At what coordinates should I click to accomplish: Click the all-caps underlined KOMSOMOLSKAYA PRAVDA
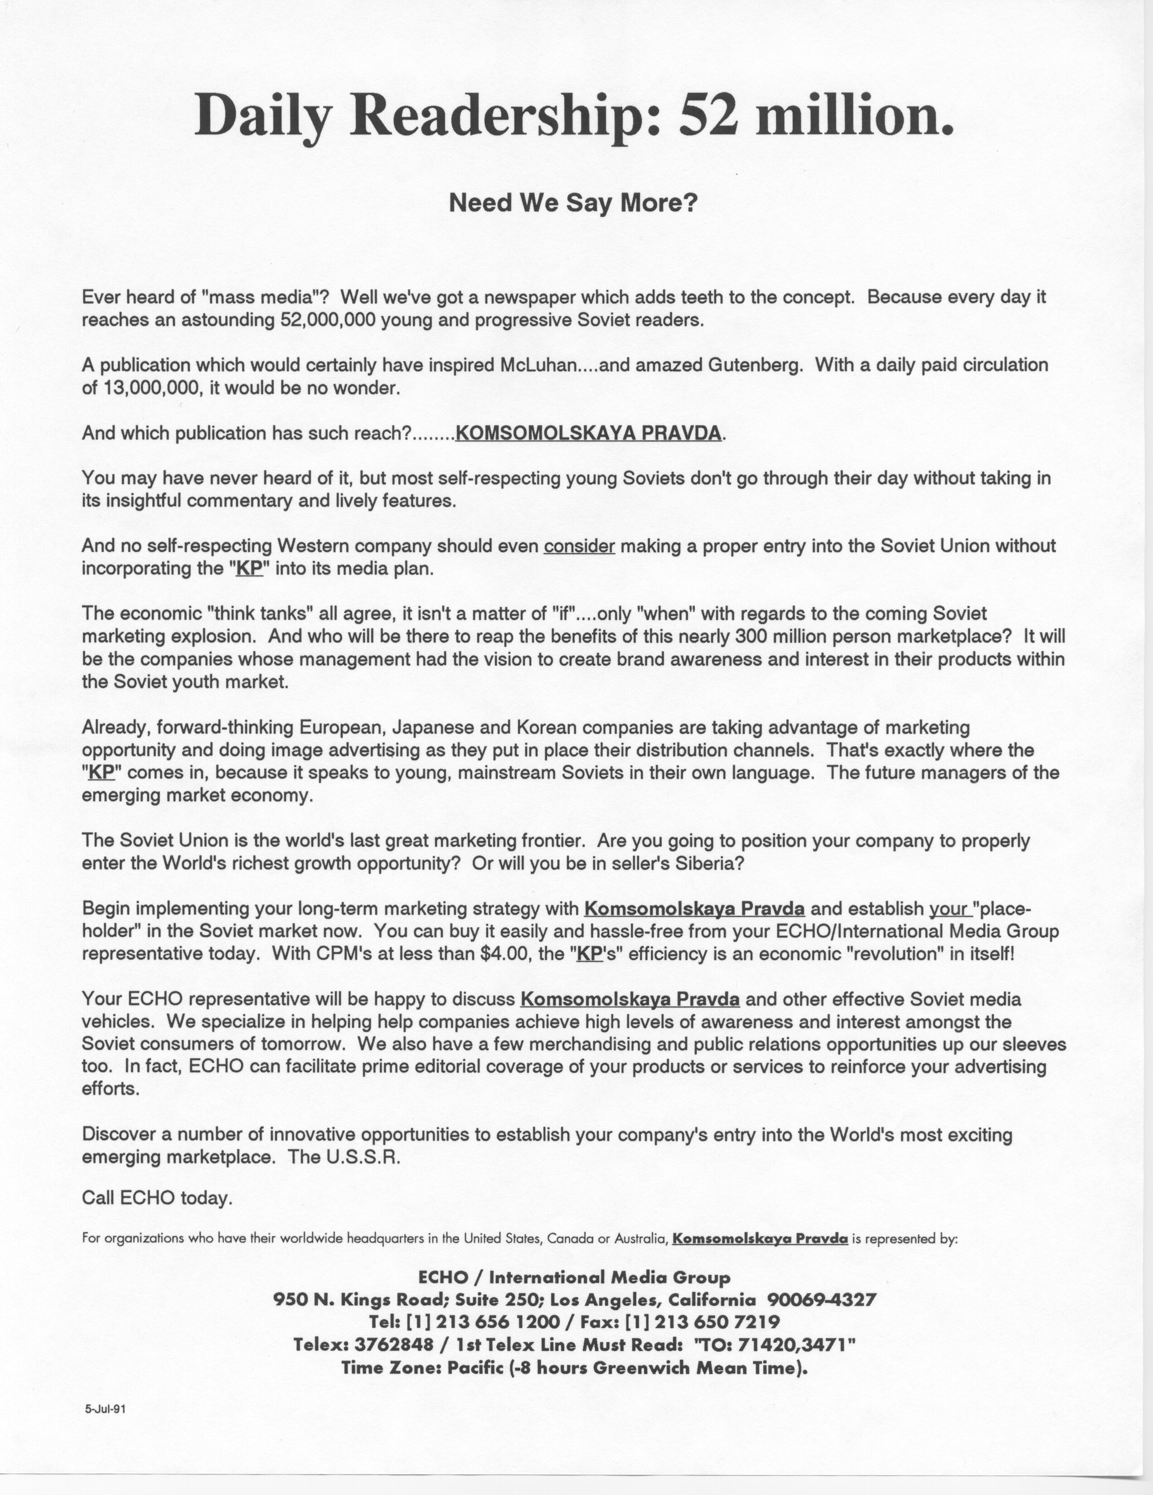[587, 433]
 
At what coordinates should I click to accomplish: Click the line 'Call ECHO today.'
[157, 1198]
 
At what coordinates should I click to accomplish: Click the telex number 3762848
[394, 1345]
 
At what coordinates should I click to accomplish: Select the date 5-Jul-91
[105, 1409]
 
